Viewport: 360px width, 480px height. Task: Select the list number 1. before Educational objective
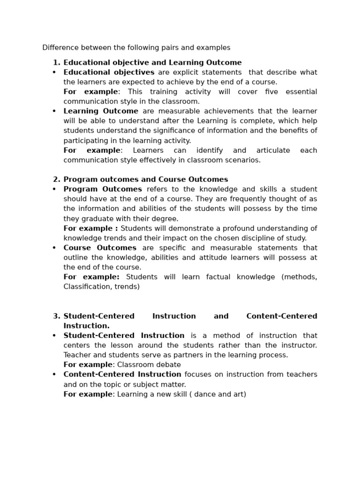(x=56, y=62)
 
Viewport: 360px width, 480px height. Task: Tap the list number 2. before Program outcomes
(x=56, y=180)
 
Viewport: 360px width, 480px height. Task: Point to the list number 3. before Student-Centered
(x=56, y=316)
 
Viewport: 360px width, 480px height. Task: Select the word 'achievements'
(x=213, y=111)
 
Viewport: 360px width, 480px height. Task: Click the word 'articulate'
(x=273, y=150)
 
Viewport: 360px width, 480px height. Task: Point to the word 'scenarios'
(x=244, y=160)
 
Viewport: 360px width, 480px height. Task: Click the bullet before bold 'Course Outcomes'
(x=54, y=248)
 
